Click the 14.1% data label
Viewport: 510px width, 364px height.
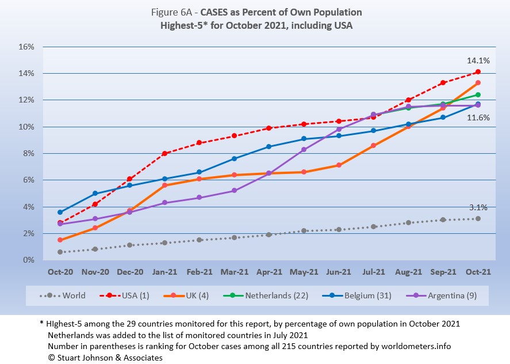click(479, 60)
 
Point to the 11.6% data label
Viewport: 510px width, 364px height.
click(479, 117)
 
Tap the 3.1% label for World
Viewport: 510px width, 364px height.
click(479, 207)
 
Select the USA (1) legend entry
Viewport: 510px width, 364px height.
click(133, 295)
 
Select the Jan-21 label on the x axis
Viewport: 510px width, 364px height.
click(164, 272)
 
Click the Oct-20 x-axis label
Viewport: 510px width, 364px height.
click(60, 272)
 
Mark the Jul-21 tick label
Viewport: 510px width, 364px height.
click(373, 272)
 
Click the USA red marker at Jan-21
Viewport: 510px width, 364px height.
click(164, 153)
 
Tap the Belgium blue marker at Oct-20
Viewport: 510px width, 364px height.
click(60, 212)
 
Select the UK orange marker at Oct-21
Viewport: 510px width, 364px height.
click(478, 83)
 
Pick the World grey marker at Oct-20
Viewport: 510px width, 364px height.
click(60, 252)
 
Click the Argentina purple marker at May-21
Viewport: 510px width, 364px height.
click(304, 149)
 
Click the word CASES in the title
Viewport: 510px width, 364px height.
click(217, 12)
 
